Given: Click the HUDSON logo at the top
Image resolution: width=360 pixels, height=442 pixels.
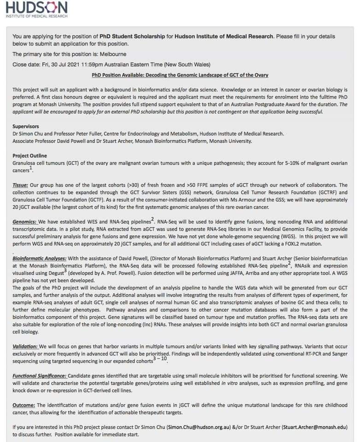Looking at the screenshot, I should [x=36, y=9].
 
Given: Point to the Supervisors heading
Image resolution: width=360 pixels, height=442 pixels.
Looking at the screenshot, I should [x=25, y=126].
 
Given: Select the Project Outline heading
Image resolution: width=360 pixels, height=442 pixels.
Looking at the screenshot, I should [x=29, y=156].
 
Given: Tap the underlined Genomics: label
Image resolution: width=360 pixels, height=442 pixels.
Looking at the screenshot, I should [x=25, y=222].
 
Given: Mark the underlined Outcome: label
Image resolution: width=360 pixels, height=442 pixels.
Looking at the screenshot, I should [x=24, y=405].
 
